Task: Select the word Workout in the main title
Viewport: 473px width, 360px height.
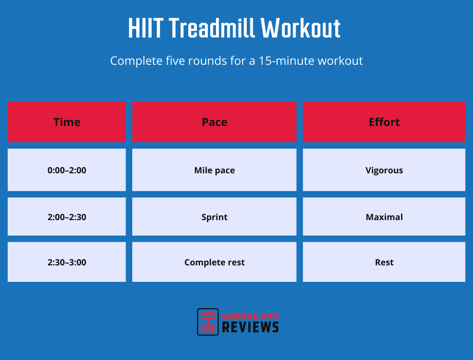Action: [301, 29]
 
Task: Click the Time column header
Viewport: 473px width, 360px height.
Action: [67, 122]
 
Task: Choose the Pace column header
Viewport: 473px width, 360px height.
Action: [214, 122]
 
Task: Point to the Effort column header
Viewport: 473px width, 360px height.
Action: [384, 122]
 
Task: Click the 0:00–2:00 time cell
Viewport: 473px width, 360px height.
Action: [67, 170]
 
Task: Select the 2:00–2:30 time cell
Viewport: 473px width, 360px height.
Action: [67, 217]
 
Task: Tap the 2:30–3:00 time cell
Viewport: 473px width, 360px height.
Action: [67, 262]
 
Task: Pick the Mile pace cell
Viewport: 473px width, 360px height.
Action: [214, 170]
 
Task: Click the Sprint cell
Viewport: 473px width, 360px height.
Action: [214, 217]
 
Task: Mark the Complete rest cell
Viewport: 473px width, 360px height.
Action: [214, 262]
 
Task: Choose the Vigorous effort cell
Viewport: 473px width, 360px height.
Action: [384, 170]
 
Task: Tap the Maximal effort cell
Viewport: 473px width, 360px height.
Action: [384, 217]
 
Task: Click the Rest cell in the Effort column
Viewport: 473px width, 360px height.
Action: [384, 262]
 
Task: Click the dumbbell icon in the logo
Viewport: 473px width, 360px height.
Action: [208, 322]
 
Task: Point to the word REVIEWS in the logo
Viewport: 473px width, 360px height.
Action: [250, 327]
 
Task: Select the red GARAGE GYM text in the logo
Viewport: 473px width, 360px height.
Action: [250, 315]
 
